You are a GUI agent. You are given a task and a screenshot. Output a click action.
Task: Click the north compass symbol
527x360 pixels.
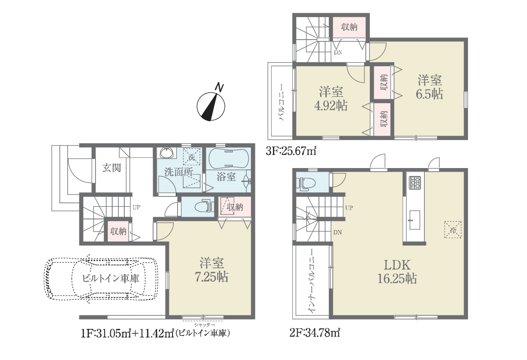[x=211, y=105]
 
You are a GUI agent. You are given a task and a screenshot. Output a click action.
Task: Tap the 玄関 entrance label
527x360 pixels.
[x=112, y=168]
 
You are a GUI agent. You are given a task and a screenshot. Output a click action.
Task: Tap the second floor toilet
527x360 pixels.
[x=305, y=183]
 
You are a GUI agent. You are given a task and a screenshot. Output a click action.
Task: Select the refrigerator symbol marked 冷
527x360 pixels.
[x=453, y=230]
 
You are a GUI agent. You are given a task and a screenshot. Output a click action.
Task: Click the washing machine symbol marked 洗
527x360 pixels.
[x=191, y=157]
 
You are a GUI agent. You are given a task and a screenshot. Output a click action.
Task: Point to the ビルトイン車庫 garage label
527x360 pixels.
[x=110, y=278]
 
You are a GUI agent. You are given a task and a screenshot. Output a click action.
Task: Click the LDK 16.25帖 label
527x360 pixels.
[x=397, y=272]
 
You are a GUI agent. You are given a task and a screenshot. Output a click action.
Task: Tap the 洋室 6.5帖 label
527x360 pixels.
[x=430, y=87]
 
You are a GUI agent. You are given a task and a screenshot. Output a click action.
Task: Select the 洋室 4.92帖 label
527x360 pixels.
[x=331, y=99]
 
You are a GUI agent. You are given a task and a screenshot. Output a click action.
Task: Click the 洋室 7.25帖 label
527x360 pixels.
[x=212, y=270]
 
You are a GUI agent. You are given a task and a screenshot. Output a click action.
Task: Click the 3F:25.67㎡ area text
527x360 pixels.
[x=291, y=151]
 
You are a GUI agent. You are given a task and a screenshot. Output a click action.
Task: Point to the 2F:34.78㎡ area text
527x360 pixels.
[x=314, y=333]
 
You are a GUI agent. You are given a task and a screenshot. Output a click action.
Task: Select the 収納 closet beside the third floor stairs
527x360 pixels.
[x=349, y=27]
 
